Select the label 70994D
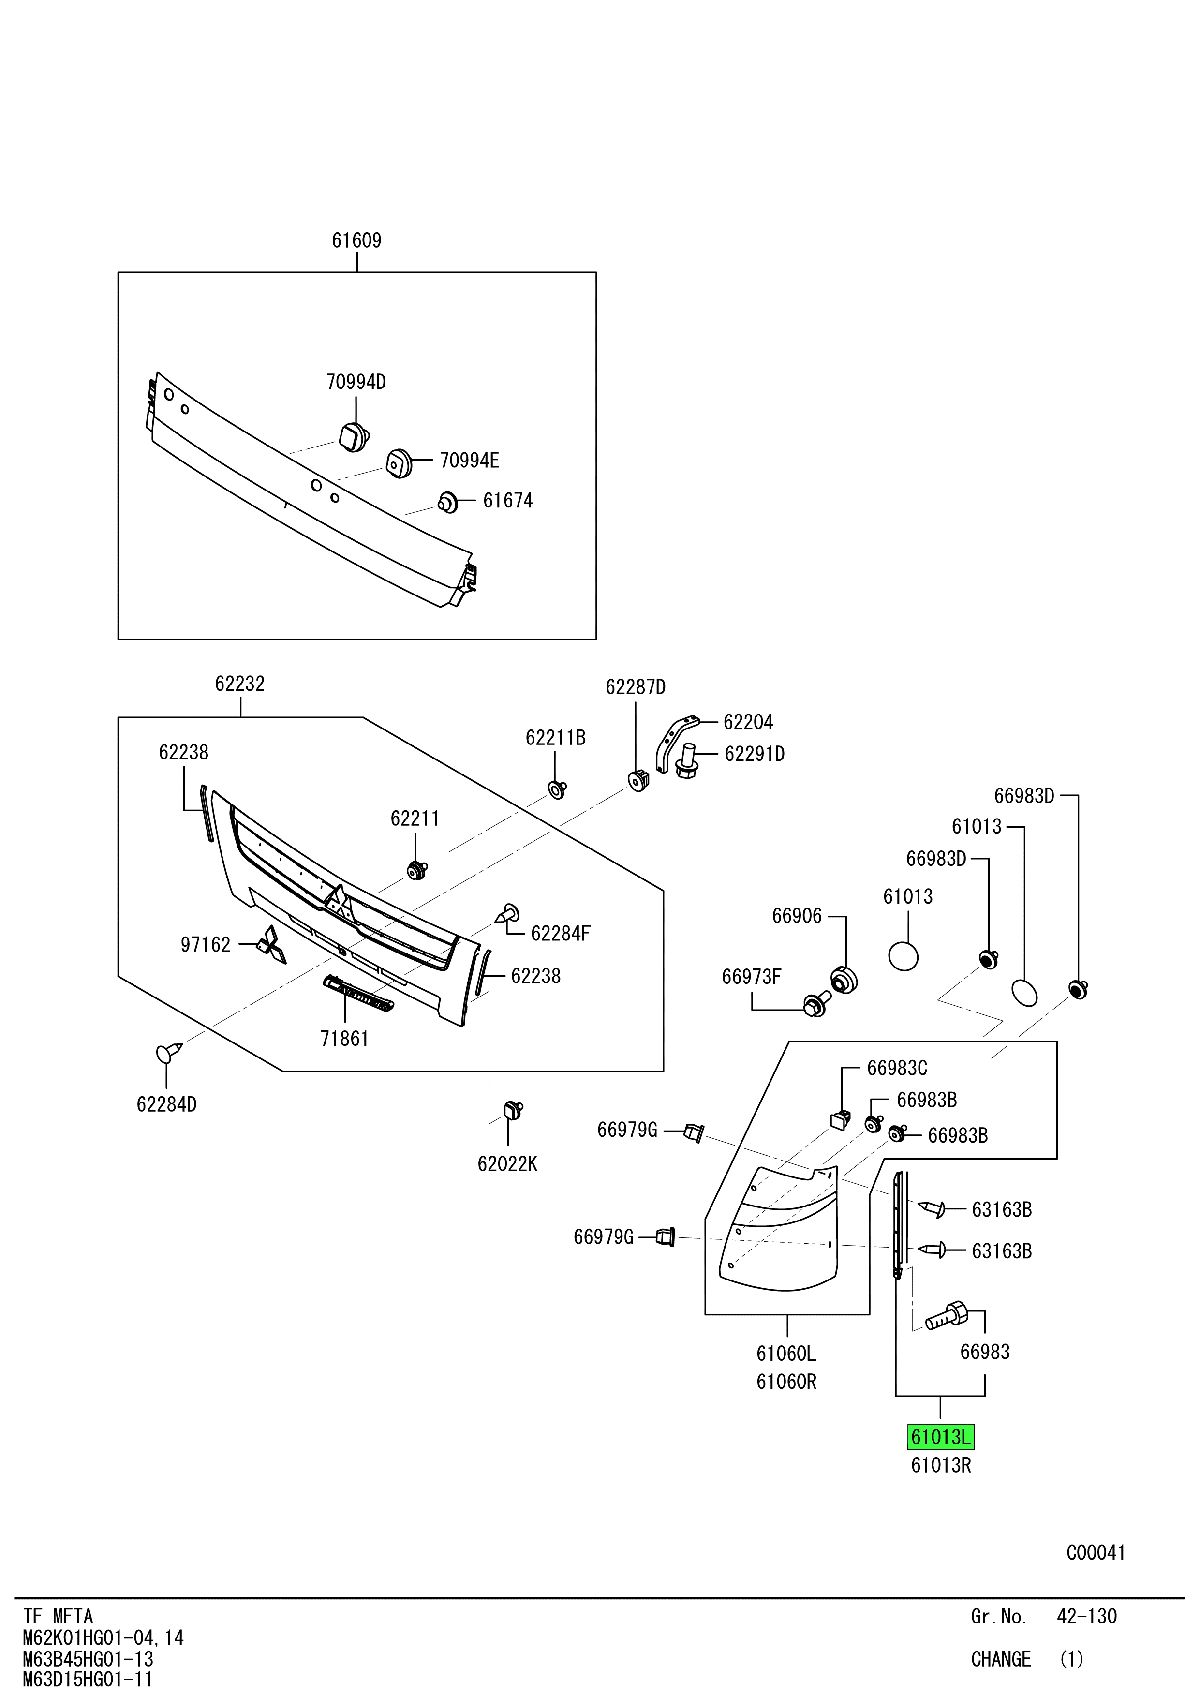[x=356, y=382]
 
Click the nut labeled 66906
[x=844, y=980]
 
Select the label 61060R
[x=786, y=1382]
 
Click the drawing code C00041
[x=1095, y=1552]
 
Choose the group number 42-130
[x=1086, y=1616]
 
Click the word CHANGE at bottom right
[x=1001, y=1659]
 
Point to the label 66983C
[x=897, y=1068]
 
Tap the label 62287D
[x=636, y=687]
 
